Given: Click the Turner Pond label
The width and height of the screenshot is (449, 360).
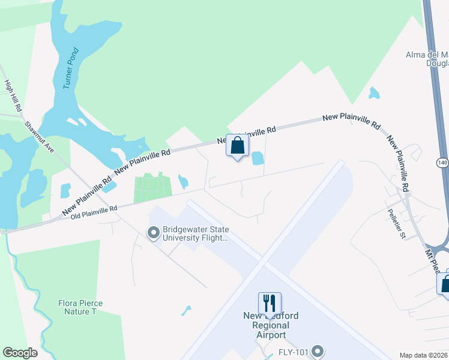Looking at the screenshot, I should [x=70, y=68].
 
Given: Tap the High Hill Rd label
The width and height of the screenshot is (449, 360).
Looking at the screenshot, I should [x=13, y=96].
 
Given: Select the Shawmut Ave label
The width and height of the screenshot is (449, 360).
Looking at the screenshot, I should [x=40, y=137].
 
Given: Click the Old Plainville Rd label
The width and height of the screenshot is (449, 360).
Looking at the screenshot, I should [x=94, y=211].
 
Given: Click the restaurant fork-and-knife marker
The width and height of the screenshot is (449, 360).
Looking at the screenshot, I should [x=270, y=302].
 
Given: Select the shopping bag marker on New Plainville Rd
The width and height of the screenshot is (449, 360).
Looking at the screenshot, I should [x=238, y=145].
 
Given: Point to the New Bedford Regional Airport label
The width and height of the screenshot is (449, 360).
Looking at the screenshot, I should [x=270, y=325].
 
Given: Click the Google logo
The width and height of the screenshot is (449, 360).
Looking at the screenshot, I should [x=20, y=353].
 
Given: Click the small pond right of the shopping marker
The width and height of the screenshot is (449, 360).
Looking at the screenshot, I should [x=258, y=158].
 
